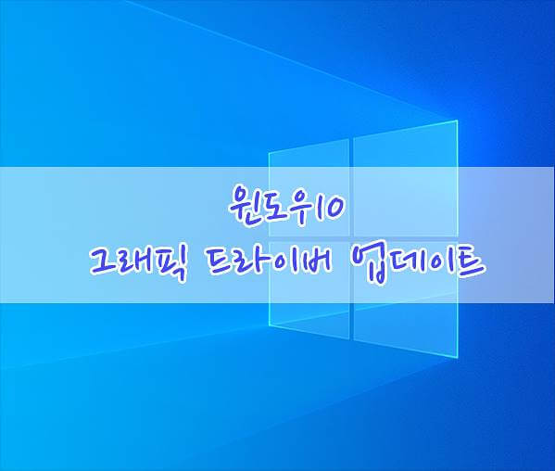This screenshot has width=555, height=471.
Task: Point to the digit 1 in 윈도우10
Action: point(316,206)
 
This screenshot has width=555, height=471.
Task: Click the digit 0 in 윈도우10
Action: point(333,207)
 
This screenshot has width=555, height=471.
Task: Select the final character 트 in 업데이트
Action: point(467,264)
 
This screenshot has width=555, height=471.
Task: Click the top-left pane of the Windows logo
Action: point(309,187)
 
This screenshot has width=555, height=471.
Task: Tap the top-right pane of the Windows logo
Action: point(406,178)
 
